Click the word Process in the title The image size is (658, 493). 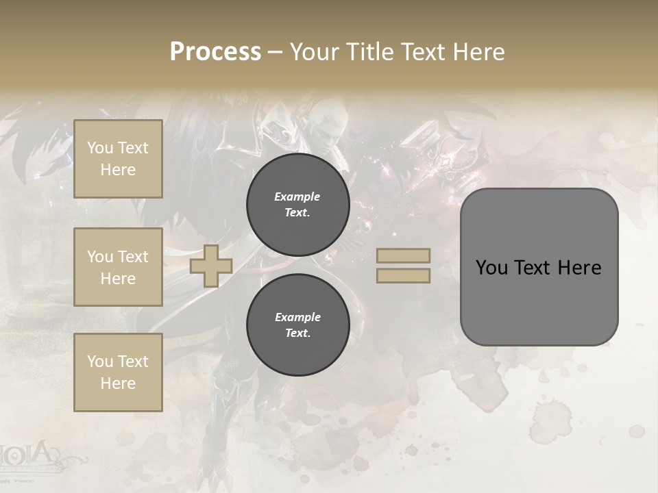(215, 52)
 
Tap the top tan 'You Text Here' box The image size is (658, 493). (118, 159)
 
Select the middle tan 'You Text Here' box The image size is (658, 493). (118, 267)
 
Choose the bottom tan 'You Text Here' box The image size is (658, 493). (118, 372)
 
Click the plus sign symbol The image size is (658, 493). (210, 266)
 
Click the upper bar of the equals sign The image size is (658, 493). (403, 256)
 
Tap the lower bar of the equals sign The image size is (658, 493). (403, 276)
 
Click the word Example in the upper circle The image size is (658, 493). (297, 197)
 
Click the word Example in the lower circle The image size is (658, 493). (297, 317)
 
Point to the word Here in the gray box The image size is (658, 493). (579, 268)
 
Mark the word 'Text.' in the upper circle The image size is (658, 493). (297, 213)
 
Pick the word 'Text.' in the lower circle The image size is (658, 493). (297, 333)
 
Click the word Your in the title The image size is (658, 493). (313, 52)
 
